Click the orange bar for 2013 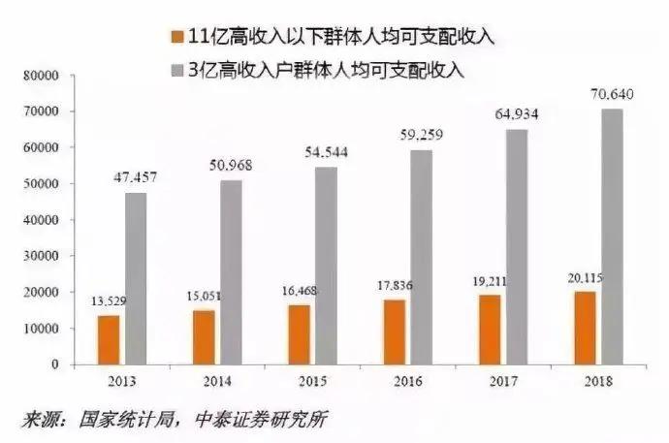click(x=109, y=340)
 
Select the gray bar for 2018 click(x=612, y=237)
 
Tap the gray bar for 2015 click(x=327, y=266)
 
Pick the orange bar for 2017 click(x=490, y=330)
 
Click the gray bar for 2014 click(x=232, y=272)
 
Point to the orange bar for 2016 click(x=395, y=332)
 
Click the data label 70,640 click(x=612, y=94)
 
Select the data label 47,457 click(x=135, y=177)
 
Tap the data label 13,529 click(x=109, y=301)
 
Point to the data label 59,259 click(x=422, y=135)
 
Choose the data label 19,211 click(x=490, y=281)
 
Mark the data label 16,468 click(x=300, y=291)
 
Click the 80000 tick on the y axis click(x=41, y=76)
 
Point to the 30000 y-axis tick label click(x=41, y=256)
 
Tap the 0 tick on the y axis click(x=55, y=364)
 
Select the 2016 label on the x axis click(x=408, y=381)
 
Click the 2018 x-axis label click(x=598, y=381)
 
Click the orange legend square click(x=176, y=37)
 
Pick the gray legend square click(x=176, y=71)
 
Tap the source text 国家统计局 click(x=126, y=420)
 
